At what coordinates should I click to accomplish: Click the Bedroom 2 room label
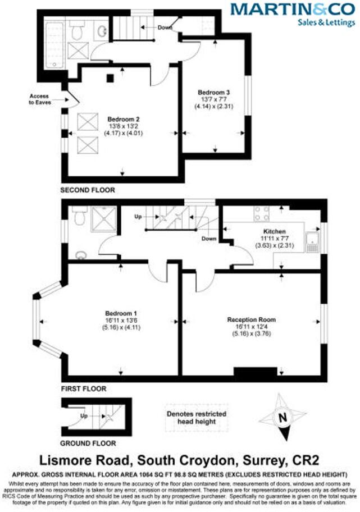[x=122, y=118]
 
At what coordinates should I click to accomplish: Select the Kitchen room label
[x=275, y=231]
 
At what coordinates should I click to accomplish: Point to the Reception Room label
[x=252, y=319]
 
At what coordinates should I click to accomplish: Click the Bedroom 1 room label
[x=121, y=313]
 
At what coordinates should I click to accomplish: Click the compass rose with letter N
[x=283, y=417]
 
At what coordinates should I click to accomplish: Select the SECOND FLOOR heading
[x=88, y=190]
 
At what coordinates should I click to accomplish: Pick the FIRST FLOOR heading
[x=83, y=388]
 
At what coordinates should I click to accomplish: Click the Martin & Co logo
[x=292, y=14]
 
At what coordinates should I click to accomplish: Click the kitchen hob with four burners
[x=262, y=213]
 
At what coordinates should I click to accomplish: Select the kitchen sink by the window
[x=312, y=243]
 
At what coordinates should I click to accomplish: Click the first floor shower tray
[x=103, y=216]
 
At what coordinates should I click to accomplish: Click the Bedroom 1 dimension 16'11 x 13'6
[x=121, y=320]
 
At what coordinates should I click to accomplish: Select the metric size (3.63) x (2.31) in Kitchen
[x=275, y=245]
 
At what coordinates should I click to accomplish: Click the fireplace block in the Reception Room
[x=256, y=373]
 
